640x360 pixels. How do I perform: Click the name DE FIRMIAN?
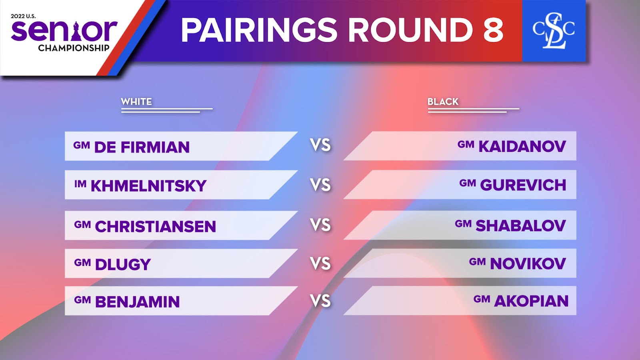pyautogui.click(x=142, y=147)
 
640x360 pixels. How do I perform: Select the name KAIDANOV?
pyautogui.click(x=522, y=146)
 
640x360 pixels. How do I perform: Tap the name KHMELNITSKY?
pyautogui.click(x=148, y=186)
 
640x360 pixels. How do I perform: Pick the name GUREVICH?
pyautogui.click(x=523, y=185)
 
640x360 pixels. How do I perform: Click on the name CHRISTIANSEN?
pyautogui.click(x=156, y=226)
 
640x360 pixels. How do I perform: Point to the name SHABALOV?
pyautogui.click(x=521, y=226)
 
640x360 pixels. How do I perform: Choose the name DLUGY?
pyautogui.click(x=123, y=264)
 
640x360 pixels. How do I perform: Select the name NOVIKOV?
pyautogui.click(x=528, y=264)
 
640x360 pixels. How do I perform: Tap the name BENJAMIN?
pyautogui.click(x=138, y=302)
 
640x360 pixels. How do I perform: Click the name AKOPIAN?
pyautogui.click(x=532, y=301)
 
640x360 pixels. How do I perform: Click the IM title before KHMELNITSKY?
pyautogui.click(x=80, y=184)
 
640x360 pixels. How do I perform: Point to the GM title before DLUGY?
pyautogui.click(x=82, y=262)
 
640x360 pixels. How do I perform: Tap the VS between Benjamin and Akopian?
pyautogui.click(x=320, y=301)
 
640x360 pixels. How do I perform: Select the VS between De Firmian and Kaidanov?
pyautogui.click(x=320, y=145)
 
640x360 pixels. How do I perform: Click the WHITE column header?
pyautogui.click(x=136, y=102)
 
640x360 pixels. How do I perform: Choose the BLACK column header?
pyautogui.click(x=443, y=102)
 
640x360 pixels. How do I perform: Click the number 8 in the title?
pyautogui.click(x=493, y=30)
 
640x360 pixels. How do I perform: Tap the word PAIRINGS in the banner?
pyautogui.click(x=259, y=30)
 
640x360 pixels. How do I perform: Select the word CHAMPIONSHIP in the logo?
pyautogui.click(x=74, y=48)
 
